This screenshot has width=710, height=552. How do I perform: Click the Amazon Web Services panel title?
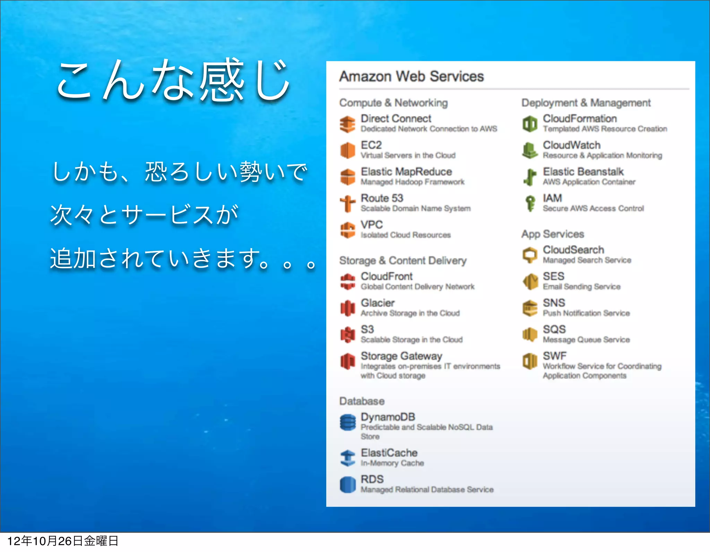click(411, 76)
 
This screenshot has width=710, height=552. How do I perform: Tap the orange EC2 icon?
click(347, 150)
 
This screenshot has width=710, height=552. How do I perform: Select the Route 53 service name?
click(382, 198)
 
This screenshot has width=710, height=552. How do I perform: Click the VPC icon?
click(347, 230)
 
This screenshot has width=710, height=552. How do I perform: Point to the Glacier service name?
click(378, 303)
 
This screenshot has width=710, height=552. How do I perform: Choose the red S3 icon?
click(347, 334)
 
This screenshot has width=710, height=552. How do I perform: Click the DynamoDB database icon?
click(347, 422)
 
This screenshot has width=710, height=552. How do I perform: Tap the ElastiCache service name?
click(389, 453)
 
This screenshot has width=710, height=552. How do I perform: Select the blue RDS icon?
click(347, 484)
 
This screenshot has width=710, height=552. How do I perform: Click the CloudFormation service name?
click(580, 119)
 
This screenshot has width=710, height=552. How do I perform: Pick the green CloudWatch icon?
click(529, 150)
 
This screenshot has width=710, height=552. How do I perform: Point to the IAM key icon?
click(530, 203)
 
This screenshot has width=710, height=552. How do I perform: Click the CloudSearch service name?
click(573, 250)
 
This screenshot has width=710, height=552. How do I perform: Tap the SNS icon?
click(530, 308)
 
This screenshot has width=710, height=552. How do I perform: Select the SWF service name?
click(554, 356)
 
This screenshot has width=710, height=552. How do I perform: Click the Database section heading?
click(362, 401)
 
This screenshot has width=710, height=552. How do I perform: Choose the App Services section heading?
click(553, 234)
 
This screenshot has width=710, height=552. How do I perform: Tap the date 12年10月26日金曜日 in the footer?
click(63, 541)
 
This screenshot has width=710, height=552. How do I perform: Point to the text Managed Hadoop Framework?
click(412, 182)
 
